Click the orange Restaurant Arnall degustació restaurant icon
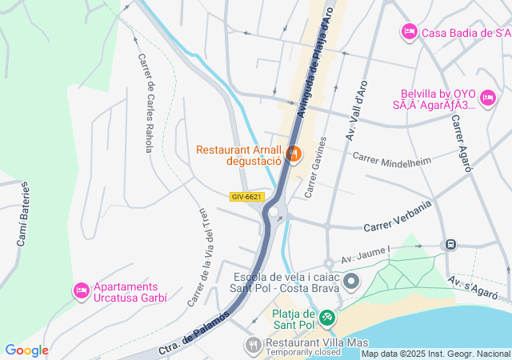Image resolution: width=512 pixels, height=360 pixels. [x=294, y=152]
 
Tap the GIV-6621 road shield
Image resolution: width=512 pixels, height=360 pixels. [x=246, y=197]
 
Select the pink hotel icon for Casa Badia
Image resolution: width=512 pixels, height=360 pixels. [x=409, y=31]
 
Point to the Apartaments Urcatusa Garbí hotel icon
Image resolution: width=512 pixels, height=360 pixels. [x=81, y=290]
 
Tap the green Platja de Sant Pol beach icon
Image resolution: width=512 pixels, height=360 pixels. [x=326, y=318]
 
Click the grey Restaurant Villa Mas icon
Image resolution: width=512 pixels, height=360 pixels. [x=253, y=345]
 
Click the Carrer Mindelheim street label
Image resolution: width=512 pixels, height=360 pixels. [x=392, y=160]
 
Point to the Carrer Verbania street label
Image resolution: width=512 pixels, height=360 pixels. [x=398, y=216]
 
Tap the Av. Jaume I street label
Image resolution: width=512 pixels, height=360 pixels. [x=365, y=255]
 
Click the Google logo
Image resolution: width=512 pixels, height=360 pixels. [x=26, y=350]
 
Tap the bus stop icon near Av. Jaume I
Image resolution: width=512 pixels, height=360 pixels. [x=451, y=244]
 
